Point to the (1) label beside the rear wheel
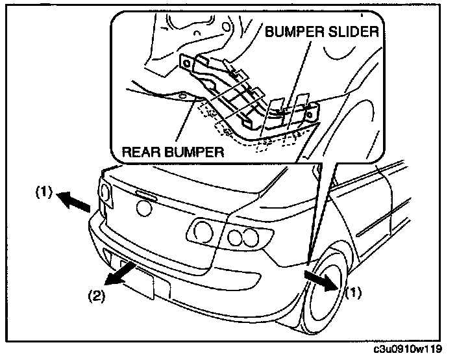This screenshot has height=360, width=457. coord(351,292)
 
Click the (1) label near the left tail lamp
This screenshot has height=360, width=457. coord(42,193)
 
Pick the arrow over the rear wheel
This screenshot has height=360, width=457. coord(321,278)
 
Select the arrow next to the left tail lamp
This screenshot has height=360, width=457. coord(71,201)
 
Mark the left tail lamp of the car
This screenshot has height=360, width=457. coord(104,194)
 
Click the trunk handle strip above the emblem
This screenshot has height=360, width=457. coord(145,194)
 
